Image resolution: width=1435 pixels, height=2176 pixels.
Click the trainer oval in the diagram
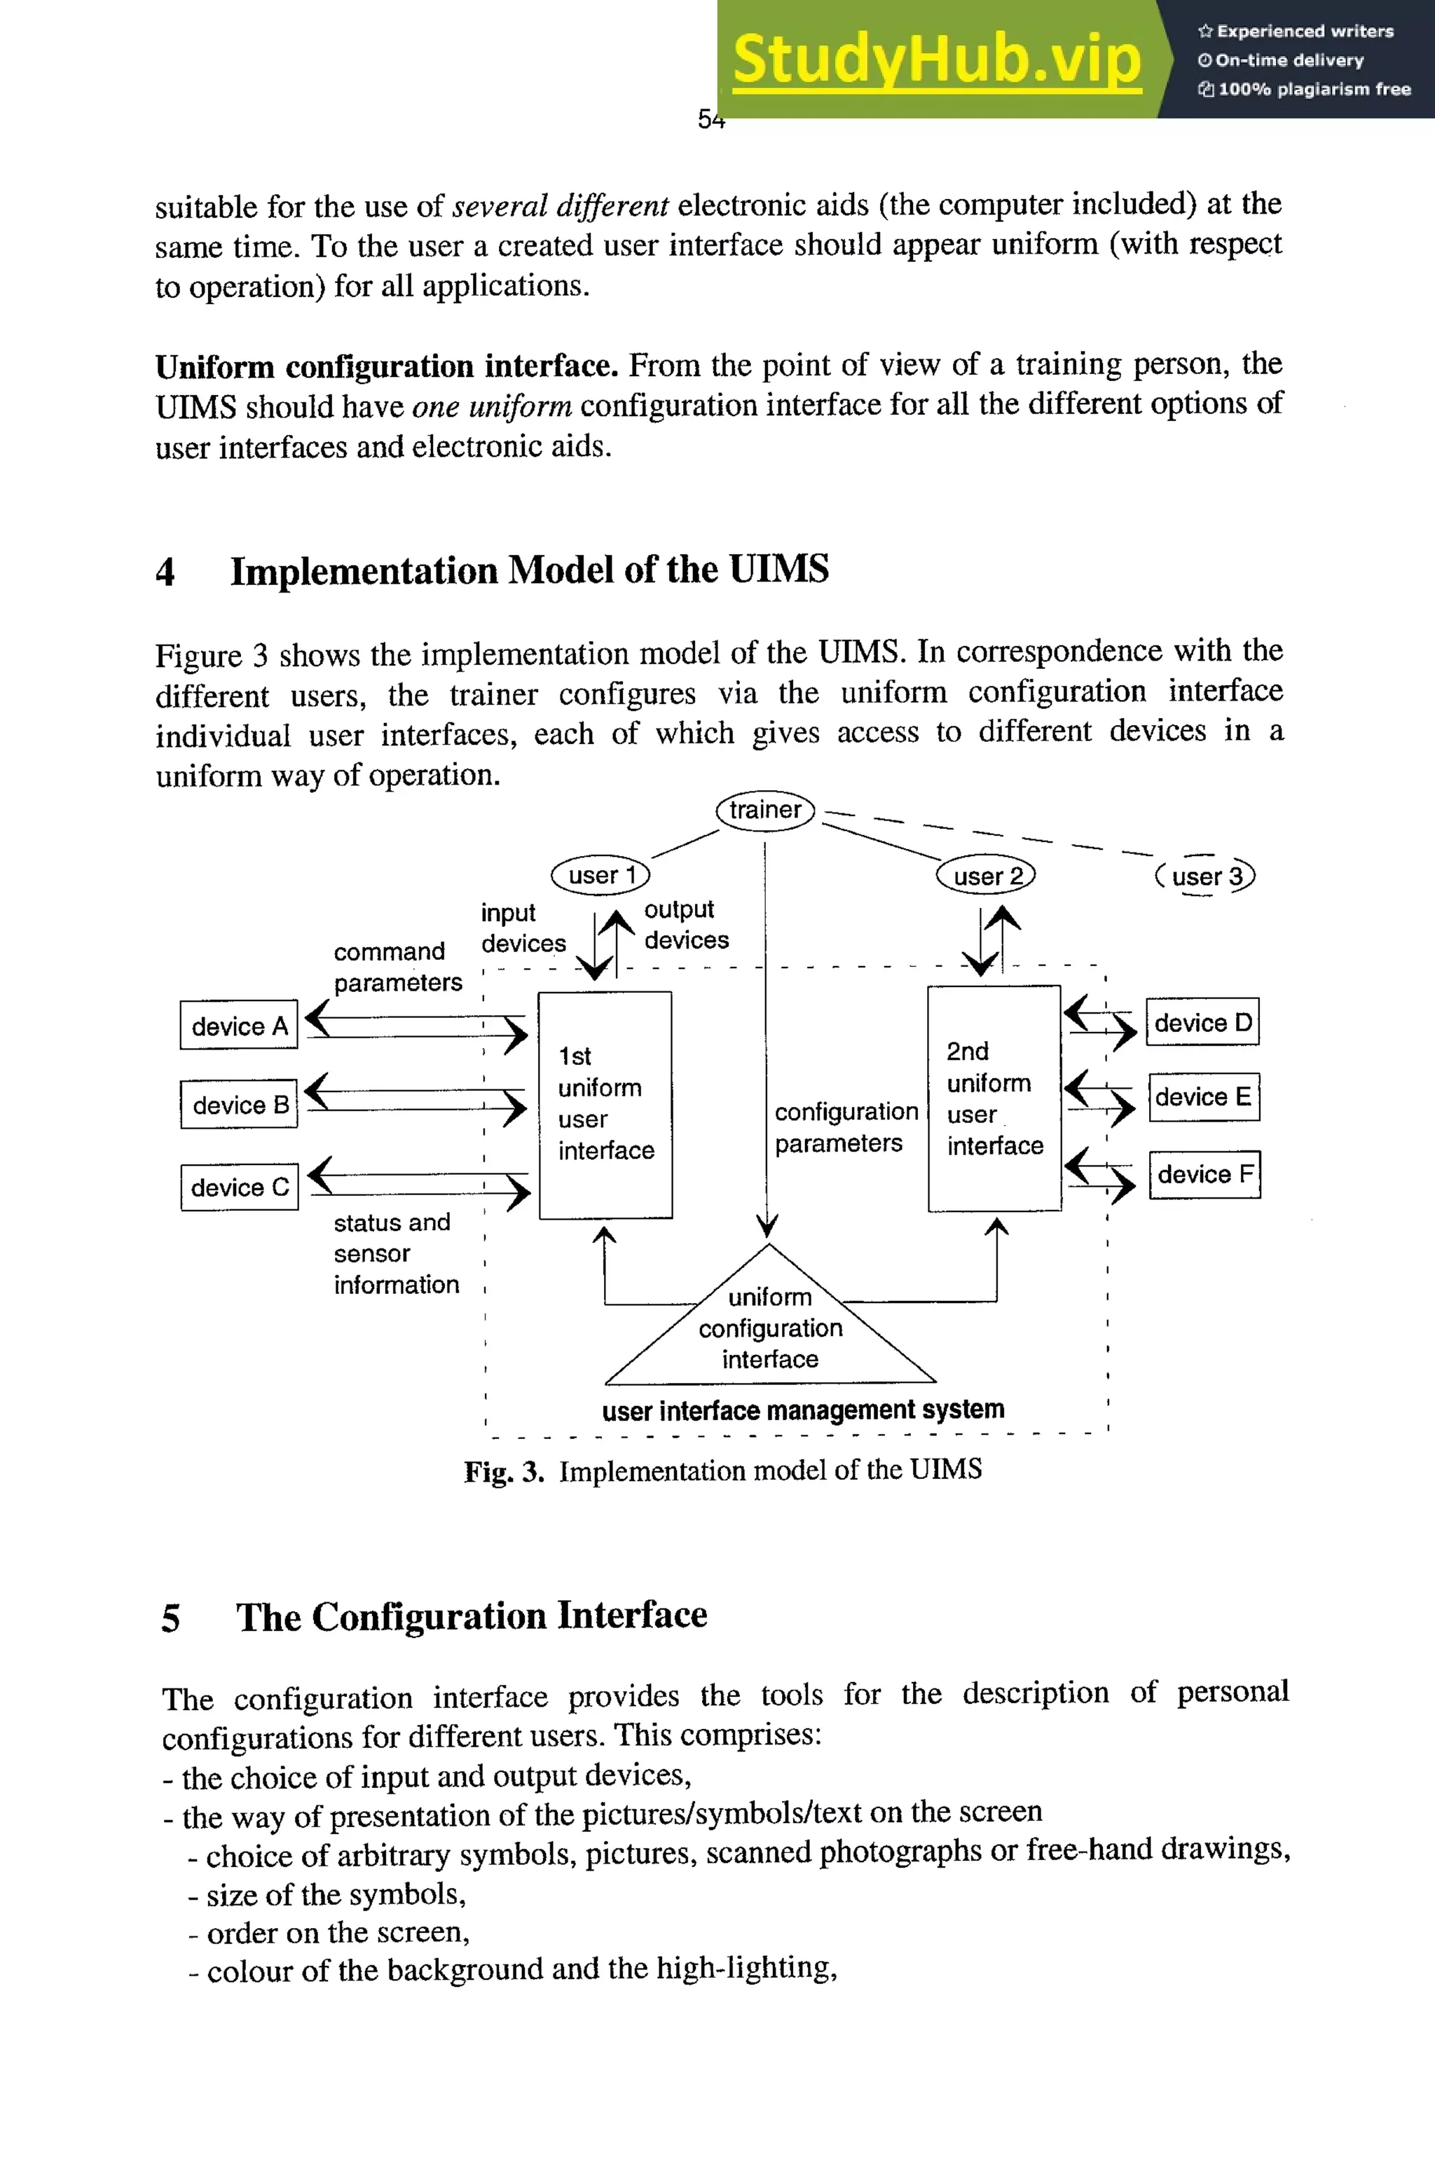click(765, 810)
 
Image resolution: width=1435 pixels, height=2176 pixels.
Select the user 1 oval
click(600, 875)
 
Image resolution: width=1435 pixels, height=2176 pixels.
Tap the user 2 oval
click(986, 876)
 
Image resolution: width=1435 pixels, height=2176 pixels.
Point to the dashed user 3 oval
click(1205, 876)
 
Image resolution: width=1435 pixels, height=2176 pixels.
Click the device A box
click(239, 1026)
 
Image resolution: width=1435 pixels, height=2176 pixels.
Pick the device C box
click(240, 1187)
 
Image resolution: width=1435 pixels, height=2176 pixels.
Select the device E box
click(1204, 1096)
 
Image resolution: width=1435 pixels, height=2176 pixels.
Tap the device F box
click(1204, 1174)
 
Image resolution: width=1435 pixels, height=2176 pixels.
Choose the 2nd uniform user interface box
click(994, 1098)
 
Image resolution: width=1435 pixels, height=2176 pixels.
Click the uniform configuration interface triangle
click(769, 1328)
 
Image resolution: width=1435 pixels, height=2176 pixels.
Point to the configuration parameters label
click(846, 1127)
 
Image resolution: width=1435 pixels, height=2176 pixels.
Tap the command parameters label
click(397, 966)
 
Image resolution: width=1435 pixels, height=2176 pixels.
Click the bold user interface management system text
click(802, 1409)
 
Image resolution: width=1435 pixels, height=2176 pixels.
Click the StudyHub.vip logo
click(936, 59)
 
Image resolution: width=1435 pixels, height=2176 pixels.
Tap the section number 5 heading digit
click(170, 1618)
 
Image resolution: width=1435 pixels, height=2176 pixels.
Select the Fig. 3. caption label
click(503, 1471)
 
